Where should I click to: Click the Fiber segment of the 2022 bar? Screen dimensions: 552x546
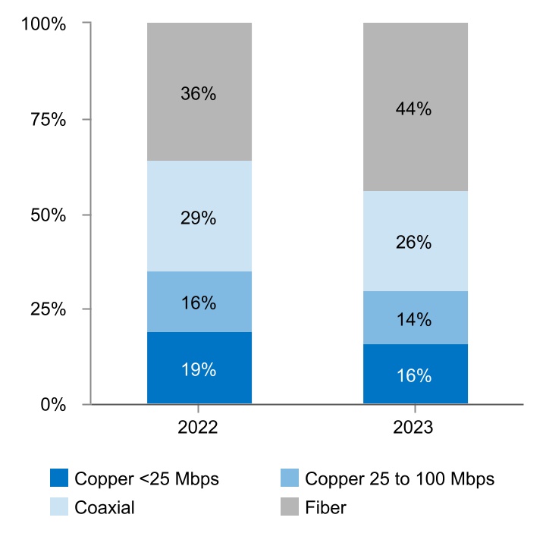pos(199,121)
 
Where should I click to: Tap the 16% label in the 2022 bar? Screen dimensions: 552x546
pos(199,303)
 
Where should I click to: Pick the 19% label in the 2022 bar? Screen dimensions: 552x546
pos(199,370)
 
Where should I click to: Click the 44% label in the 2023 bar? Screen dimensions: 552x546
pos(413,108)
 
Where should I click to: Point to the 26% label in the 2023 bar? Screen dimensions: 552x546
pos(413,243)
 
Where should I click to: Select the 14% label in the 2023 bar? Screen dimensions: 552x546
pos(413,319)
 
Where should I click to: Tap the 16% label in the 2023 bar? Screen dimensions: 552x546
pos(413,375)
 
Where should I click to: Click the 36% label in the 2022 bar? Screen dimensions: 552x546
pos(199,94)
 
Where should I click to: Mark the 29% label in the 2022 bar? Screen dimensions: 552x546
pos(199,218)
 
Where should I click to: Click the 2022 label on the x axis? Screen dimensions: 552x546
pos(199,428)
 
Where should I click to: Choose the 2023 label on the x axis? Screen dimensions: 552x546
pos(413,428)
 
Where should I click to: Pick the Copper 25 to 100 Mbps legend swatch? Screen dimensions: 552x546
pos(290,478)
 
